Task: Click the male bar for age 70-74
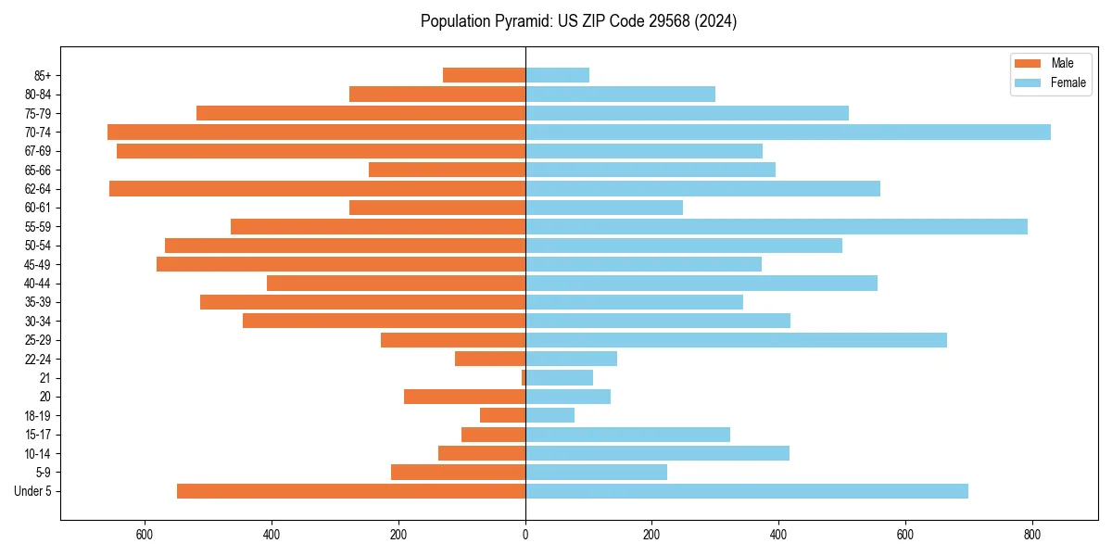point(316,132)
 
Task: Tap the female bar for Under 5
point(747,491)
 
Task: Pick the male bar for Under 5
point(351,491)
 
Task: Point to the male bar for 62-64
point(317,188)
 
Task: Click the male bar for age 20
point(464,397)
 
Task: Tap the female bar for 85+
point(557,75)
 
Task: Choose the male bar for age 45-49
point(341,264)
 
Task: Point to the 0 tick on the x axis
point(525,535)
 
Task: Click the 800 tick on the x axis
point(1031,535)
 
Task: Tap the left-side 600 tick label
point(145,535)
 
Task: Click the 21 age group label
point(44,378)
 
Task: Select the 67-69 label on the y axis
point(37,151)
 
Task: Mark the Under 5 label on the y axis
point(32,491)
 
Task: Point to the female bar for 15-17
point(627,435)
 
